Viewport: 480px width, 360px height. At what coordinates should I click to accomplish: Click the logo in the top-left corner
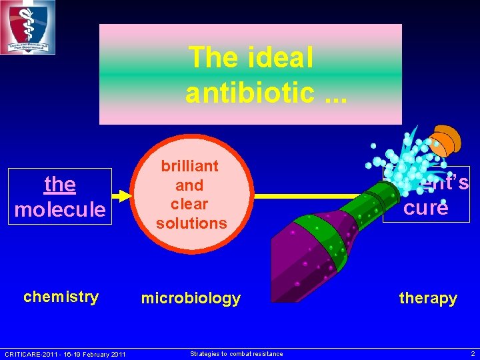tap(27, 27)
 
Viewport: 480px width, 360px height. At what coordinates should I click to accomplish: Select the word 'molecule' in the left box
tap(60, 209)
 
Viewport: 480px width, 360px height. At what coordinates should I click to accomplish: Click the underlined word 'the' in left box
tap(60, 183)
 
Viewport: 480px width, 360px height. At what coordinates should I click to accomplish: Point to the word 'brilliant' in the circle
tap(190, 165)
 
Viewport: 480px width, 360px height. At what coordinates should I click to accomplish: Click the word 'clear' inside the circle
tap(190, 204)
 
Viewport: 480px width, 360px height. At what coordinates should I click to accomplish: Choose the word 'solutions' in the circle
tap(191, 223)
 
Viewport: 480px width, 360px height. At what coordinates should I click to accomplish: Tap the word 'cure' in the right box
tap(425, 207)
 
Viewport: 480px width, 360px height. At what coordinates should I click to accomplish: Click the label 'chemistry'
tap(61, 297)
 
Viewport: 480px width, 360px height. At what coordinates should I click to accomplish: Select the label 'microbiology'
tap(191, 299)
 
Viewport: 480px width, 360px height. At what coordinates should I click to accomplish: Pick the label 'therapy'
tap(428, 299)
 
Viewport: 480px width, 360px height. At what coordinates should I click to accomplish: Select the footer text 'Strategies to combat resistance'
tap(236, 354)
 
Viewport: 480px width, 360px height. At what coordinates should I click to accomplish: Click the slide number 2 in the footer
tap(473, 354)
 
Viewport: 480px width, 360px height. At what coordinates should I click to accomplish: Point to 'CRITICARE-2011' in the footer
tap(27, 354)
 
